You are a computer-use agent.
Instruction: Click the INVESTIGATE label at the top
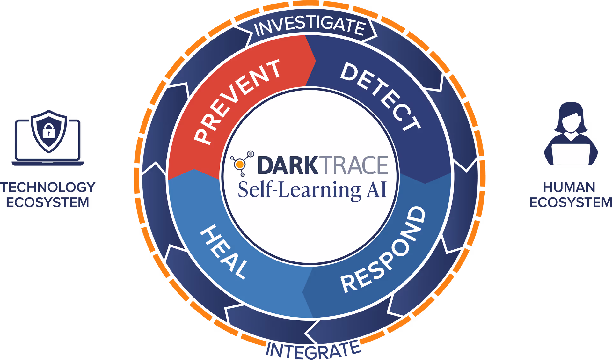[310, 26]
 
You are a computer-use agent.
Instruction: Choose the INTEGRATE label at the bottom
[313, 350]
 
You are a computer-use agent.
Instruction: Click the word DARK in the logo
[288, 165]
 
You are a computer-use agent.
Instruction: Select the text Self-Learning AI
[312, 189]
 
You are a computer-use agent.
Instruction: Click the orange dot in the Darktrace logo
[240, 165]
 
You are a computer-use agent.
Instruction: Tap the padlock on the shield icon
[48, 131]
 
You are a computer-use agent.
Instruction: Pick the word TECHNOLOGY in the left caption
[48, 187]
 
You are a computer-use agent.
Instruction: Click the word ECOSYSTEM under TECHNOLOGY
[47, 202]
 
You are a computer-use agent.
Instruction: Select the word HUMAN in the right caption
[569, 187]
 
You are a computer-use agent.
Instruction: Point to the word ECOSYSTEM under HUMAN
[571, 202]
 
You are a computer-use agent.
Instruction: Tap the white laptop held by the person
[571, 156]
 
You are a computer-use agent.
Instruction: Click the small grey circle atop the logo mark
[251, 154]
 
